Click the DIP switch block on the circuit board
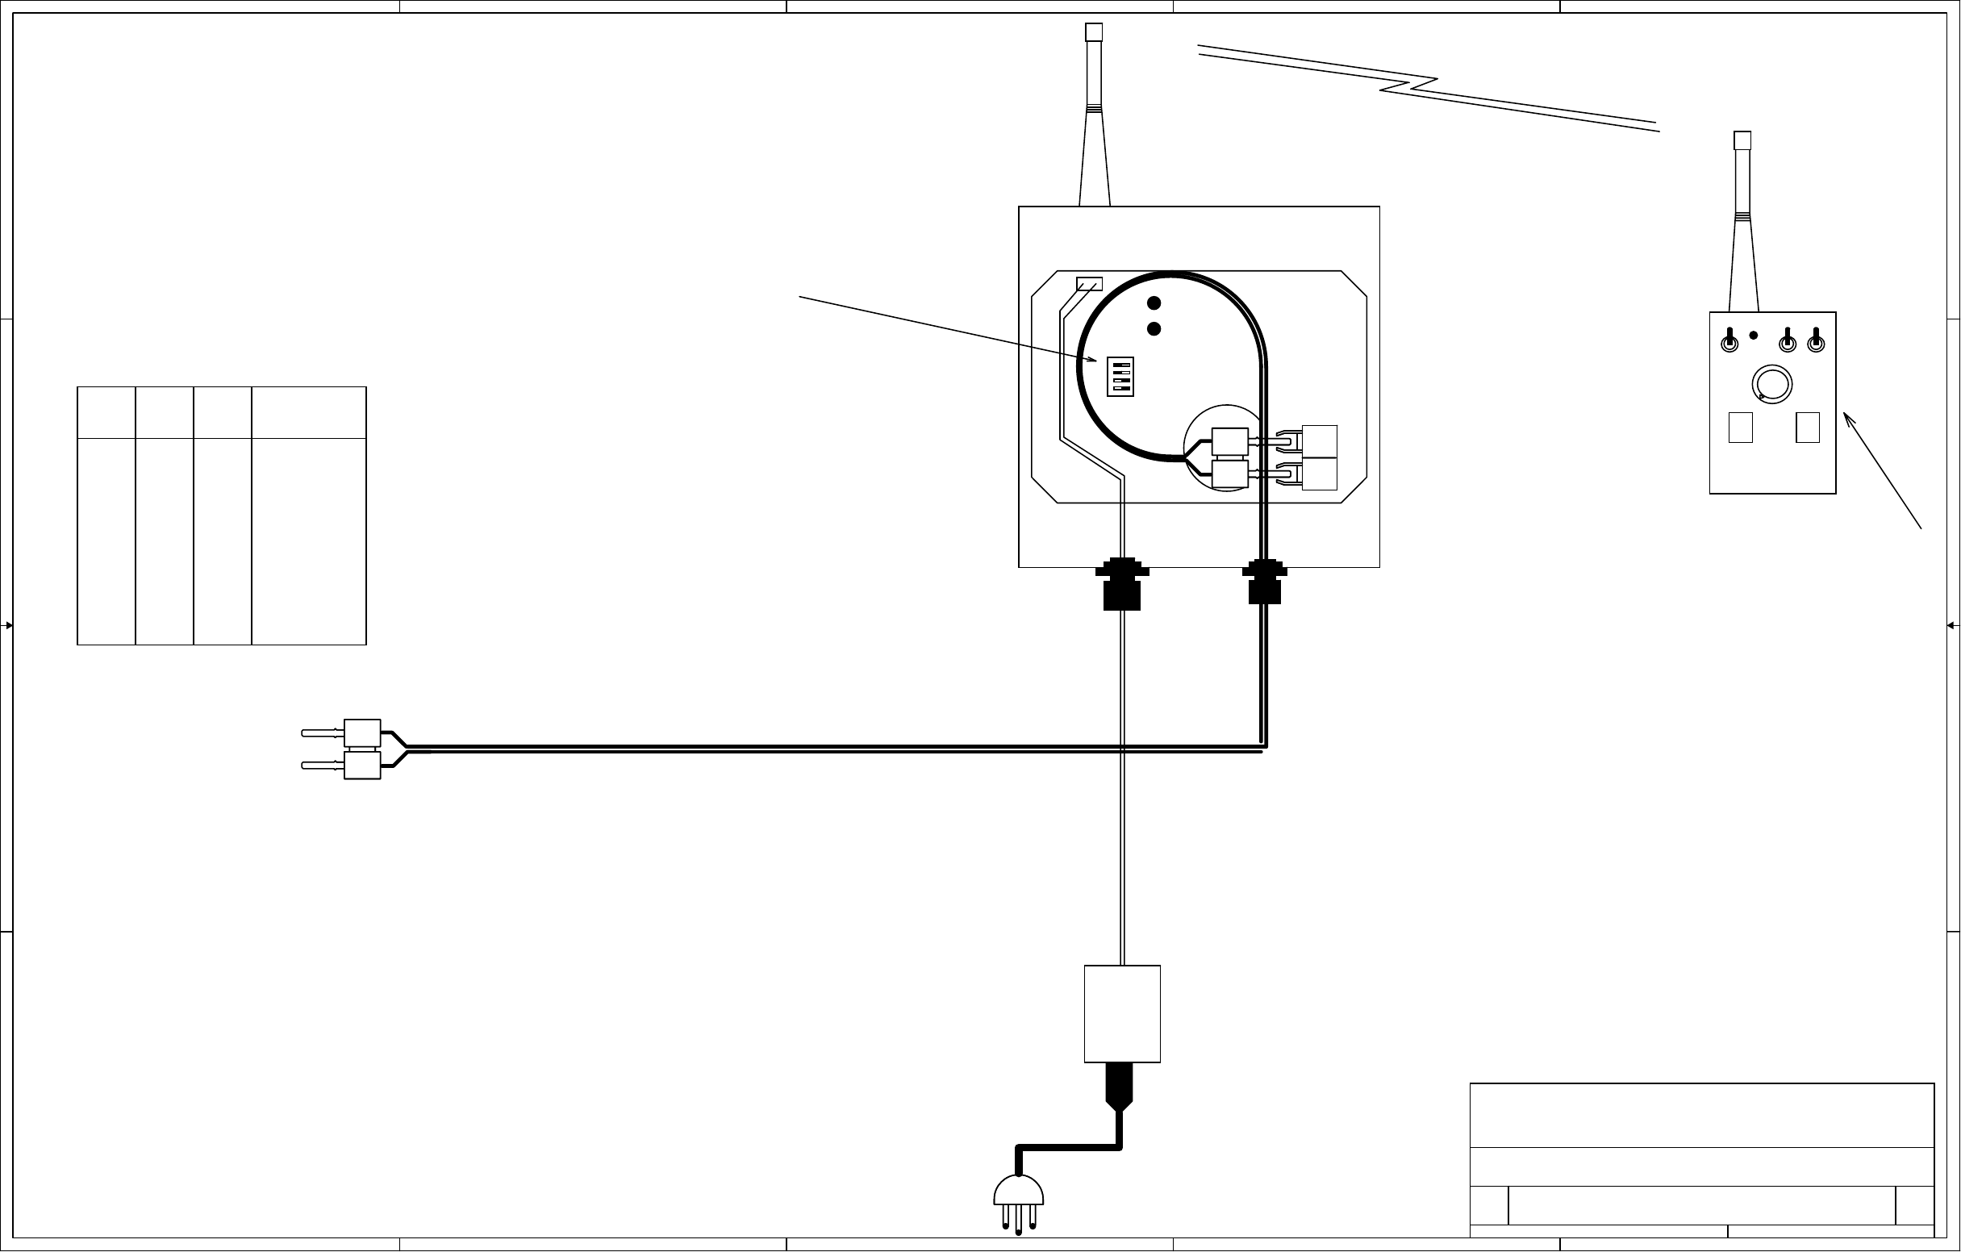[x=1120, y=377]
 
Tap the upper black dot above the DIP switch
[x=1154, y=304]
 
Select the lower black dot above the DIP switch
[x=1154, y=329]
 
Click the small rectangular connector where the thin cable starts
[x=1089, y=284]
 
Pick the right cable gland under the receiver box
[x=1264, y=581]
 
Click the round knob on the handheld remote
[x=1771, y=385]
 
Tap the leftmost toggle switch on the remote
[x=1729, y=341]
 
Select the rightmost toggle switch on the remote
[x=1815, y=341]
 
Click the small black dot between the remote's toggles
[x=1754, y=335]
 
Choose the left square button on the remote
[x=1740, y=428]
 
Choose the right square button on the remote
[x=1807, y=428]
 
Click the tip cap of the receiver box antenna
[x=1094, y=31]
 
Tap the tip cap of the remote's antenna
[x=1742, y=140]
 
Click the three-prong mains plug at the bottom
[x=1018, y=1200]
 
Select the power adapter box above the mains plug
[x=1121, y=1014]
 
